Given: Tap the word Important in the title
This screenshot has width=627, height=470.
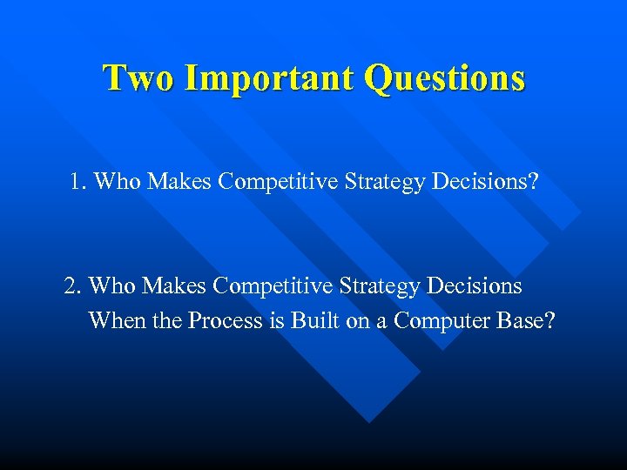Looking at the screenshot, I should coord(270,77).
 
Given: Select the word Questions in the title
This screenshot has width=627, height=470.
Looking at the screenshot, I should coord(445,77).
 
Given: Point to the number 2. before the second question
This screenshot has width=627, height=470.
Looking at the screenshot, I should coord(73,285).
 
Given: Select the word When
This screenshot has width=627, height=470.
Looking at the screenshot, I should coord(116,320).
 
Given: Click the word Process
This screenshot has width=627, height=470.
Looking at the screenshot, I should coord(226,320).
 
